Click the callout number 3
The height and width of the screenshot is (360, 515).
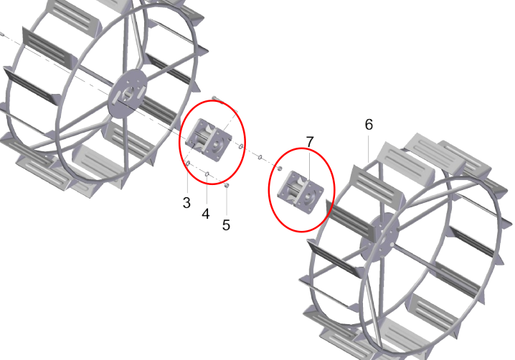pyautogui.click(x=186, y=203)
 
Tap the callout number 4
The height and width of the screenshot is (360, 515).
pyautogui.click(x=206, y=214)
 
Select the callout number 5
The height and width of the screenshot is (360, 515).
pyautogui.click(x=226, y=225)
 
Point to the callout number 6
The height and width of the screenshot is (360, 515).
pyautogui.click(x=369, y=125)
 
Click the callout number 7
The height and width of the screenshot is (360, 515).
pyautogui.click(x=310, y=142)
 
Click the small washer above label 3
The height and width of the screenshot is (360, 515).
pyautogui.click(x=188, y=163)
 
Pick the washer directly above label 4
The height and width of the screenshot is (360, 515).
pyautogui.click(x=207, y=174)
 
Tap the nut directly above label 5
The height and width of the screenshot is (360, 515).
pyautogui.click(x=227, y=186)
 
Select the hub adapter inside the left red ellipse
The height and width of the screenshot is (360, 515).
pyautogui.click(x=209, y=141)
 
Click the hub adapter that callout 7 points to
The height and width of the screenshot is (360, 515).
pyautogui.click(x=301, y=193)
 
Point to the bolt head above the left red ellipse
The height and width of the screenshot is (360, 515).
pyautogui.click(x=214, y=98)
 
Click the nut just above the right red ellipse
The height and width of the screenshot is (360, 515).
pyautogui.click(x=280, y=169)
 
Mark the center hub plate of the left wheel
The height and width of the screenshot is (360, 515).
pyautogui.click(x=128, y=93)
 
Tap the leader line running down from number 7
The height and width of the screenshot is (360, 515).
pyautogui.click(x=310, y=164)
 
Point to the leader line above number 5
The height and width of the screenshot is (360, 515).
pyautogui.click(x=227, y=204)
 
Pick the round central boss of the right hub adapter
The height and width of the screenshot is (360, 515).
pyautogui.click(x=308, y=196)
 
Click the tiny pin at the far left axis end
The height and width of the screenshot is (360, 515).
pyautogui.click(x=1, y=34)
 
